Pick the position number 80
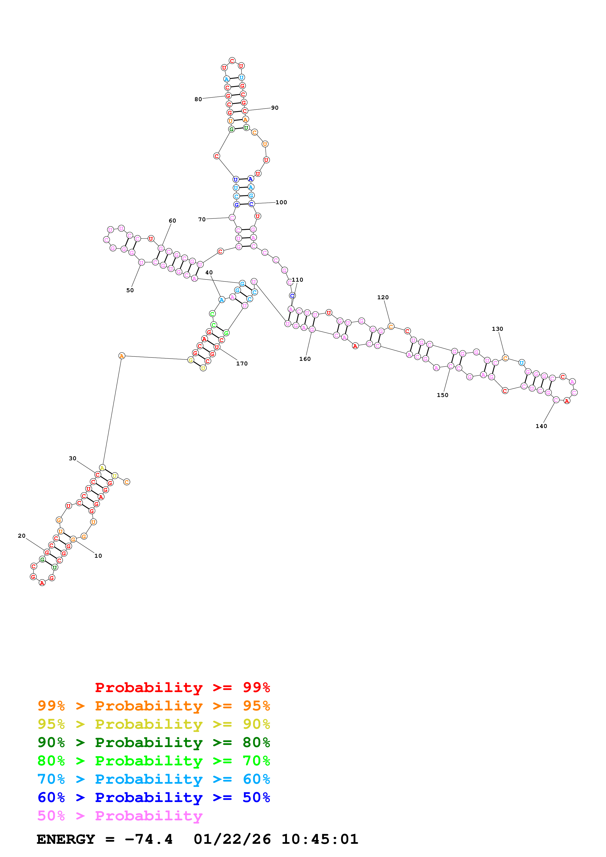point(198,99)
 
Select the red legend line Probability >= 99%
point(182,687)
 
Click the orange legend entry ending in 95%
point(154,706)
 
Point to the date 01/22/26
point(232,839)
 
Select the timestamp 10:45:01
point(320,839)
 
